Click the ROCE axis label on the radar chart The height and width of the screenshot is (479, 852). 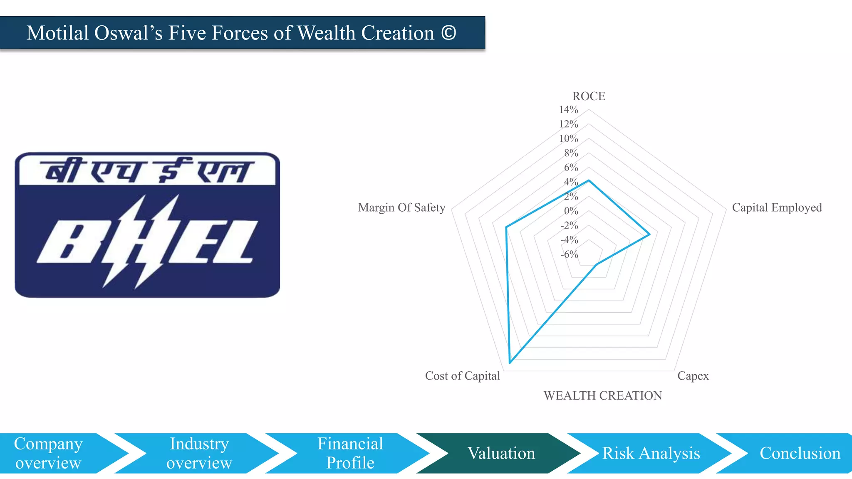(x=589, y=96)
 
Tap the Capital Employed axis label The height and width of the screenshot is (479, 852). (x=777, y=207)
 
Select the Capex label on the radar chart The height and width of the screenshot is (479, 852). (x=693, y=376)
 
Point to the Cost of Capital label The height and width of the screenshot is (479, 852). (x=462, y=376)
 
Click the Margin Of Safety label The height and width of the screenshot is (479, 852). (x=401, y=207)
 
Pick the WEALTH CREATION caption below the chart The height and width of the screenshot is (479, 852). (x=602, y=395)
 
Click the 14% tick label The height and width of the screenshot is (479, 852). (x=568, y=110)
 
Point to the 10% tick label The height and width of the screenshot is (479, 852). (x=568, y=138)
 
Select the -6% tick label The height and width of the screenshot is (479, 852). (x=569, y=254)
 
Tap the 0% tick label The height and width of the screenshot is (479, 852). (x=571, y=211)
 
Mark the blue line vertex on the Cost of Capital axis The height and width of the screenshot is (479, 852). (x=510, y=363)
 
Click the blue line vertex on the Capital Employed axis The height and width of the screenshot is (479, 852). (x=650, y=235)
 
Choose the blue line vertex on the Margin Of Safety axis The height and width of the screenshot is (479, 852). (x=506, y=227)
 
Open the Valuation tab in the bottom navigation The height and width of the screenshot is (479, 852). (x=501, y=453)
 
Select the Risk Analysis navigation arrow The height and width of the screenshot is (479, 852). (x=651, y=453)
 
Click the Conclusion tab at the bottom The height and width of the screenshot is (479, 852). (x=800, y=453)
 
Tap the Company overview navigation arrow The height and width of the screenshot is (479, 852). (x=48, y=453)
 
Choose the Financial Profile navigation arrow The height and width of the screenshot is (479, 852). (x=350, y=453)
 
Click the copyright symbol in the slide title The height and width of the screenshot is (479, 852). (x=448, y=33)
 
